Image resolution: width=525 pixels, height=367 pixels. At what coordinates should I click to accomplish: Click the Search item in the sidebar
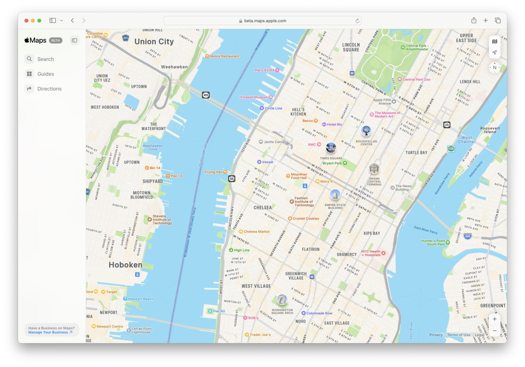(45, 59)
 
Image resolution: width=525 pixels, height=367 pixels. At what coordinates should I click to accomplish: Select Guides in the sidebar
(45, 74)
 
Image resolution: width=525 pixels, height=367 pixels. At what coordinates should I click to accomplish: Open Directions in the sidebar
(49, 89)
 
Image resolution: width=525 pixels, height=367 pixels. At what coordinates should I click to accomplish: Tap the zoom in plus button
(495, 319)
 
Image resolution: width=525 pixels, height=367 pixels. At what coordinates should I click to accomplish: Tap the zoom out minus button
(495, 330)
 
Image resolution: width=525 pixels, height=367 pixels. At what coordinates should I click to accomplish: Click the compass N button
(495, 68)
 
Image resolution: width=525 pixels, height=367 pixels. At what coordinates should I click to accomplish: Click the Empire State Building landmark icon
(335, 195)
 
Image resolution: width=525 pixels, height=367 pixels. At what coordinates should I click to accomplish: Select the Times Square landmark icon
(331, 148)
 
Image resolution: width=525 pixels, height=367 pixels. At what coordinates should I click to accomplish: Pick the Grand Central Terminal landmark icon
(374, 168)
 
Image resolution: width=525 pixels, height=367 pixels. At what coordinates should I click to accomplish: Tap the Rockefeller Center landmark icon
(366, 131)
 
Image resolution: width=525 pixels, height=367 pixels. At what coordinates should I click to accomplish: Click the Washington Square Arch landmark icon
(282, 300)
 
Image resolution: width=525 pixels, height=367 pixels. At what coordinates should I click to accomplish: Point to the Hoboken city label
(125, 265)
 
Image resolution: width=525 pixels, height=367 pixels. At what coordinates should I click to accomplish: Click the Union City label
(154, 41)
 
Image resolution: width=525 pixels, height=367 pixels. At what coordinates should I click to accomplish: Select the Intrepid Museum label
(254, 97)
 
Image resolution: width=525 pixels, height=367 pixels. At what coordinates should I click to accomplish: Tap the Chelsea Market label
(256, 232)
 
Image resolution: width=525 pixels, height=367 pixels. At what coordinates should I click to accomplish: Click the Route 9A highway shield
(232, 179)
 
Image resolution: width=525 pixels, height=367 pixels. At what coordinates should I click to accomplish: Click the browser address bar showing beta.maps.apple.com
(262, 21)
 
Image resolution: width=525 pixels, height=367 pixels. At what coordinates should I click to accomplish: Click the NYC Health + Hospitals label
(371, 253)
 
